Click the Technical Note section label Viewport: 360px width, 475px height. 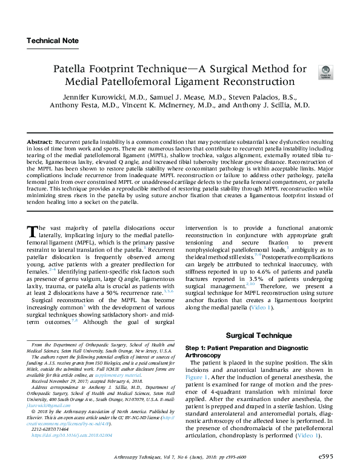point(53,41)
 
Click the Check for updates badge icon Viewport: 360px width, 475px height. point(325,72)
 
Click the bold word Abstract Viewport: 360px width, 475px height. point(39,141)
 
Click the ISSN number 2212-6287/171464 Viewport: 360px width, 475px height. point(54,430)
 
